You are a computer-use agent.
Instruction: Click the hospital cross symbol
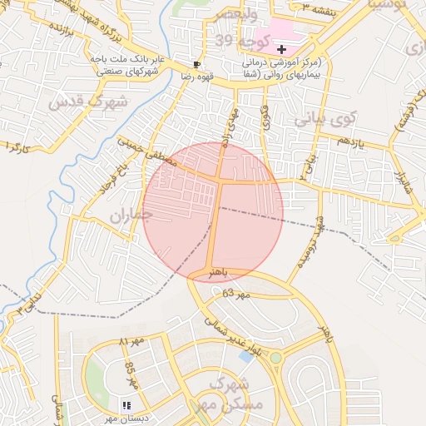[281, 50]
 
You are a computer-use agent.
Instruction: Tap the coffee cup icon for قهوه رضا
[196, 63]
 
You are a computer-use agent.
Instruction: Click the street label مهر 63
[236, 295]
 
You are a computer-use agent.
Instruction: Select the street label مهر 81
[131, 341]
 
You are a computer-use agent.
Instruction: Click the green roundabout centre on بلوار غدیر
[275, 357]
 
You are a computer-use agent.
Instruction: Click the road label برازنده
[56, 34]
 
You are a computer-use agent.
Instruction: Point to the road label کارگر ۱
[17, 147]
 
